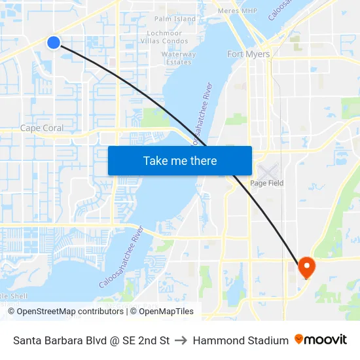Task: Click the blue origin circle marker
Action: click(x=54, y=43)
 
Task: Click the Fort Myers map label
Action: click(x=248, y=54)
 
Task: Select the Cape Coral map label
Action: click(x=42, y=128)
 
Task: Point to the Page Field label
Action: click(x=267, y=183)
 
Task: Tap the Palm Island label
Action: click(x=175, y=20)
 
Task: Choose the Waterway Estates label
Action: click(x=179, y=58)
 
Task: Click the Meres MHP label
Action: click(x=237, y=11)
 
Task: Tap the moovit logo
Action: click(x=321, y=340)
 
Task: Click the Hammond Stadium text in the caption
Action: click(x=240, y=340)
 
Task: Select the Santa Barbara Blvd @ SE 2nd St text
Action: click(x=92, y=340)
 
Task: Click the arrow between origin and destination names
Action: click(x=181, y=340)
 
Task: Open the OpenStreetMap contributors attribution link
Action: click(x=70, y=312)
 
